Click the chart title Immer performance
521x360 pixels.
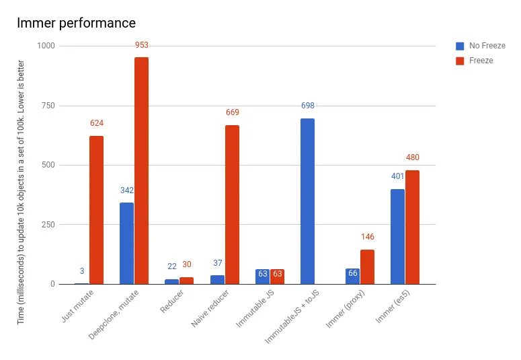click(76, 24)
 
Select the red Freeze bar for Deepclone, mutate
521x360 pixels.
click(141, 170)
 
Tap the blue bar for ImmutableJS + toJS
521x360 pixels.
click(307, 201)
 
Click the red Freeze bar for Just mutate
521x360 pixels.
click(96, 210)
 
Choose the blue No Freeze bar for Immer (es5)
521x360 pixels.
click(397, 236)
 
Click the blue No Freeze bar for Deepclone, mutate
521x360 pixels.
click(126, 243)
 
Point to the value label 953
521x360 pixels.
click(141, 46)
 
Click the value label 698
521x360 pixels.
click(307, 106)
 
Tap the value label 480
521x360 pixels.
click(412, 158)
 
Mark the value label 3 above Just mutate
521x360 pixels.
click(82, 271)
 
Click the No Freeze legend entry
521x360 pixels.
click(483, 46)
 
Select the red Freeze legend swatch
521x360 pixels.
click(460, 61)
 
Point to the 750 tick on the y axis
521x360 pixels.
click(47, 106)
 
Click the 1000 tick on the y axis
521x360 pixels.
click(45, 46)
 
